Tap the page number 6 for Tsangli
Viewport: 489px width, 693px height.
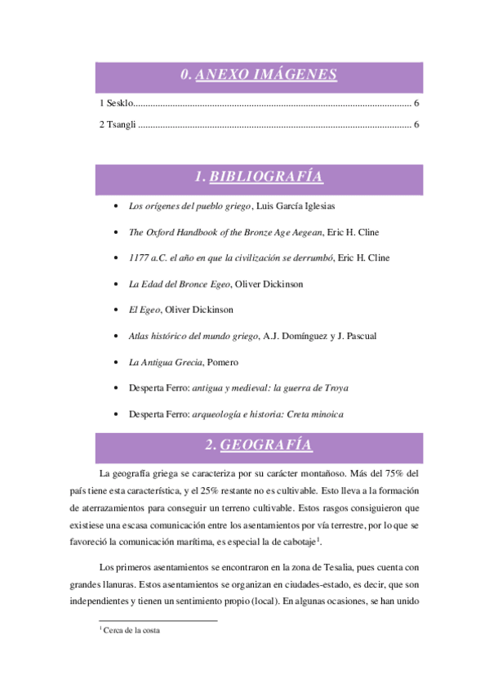[416, 125]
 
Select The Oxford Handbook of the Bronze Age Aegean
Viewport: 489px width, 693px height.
[225, 232]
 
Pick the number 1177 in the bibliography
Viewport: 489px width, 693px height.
[140, 258]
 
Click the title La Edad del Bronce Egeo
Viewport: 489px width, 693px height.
[180, 284]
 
